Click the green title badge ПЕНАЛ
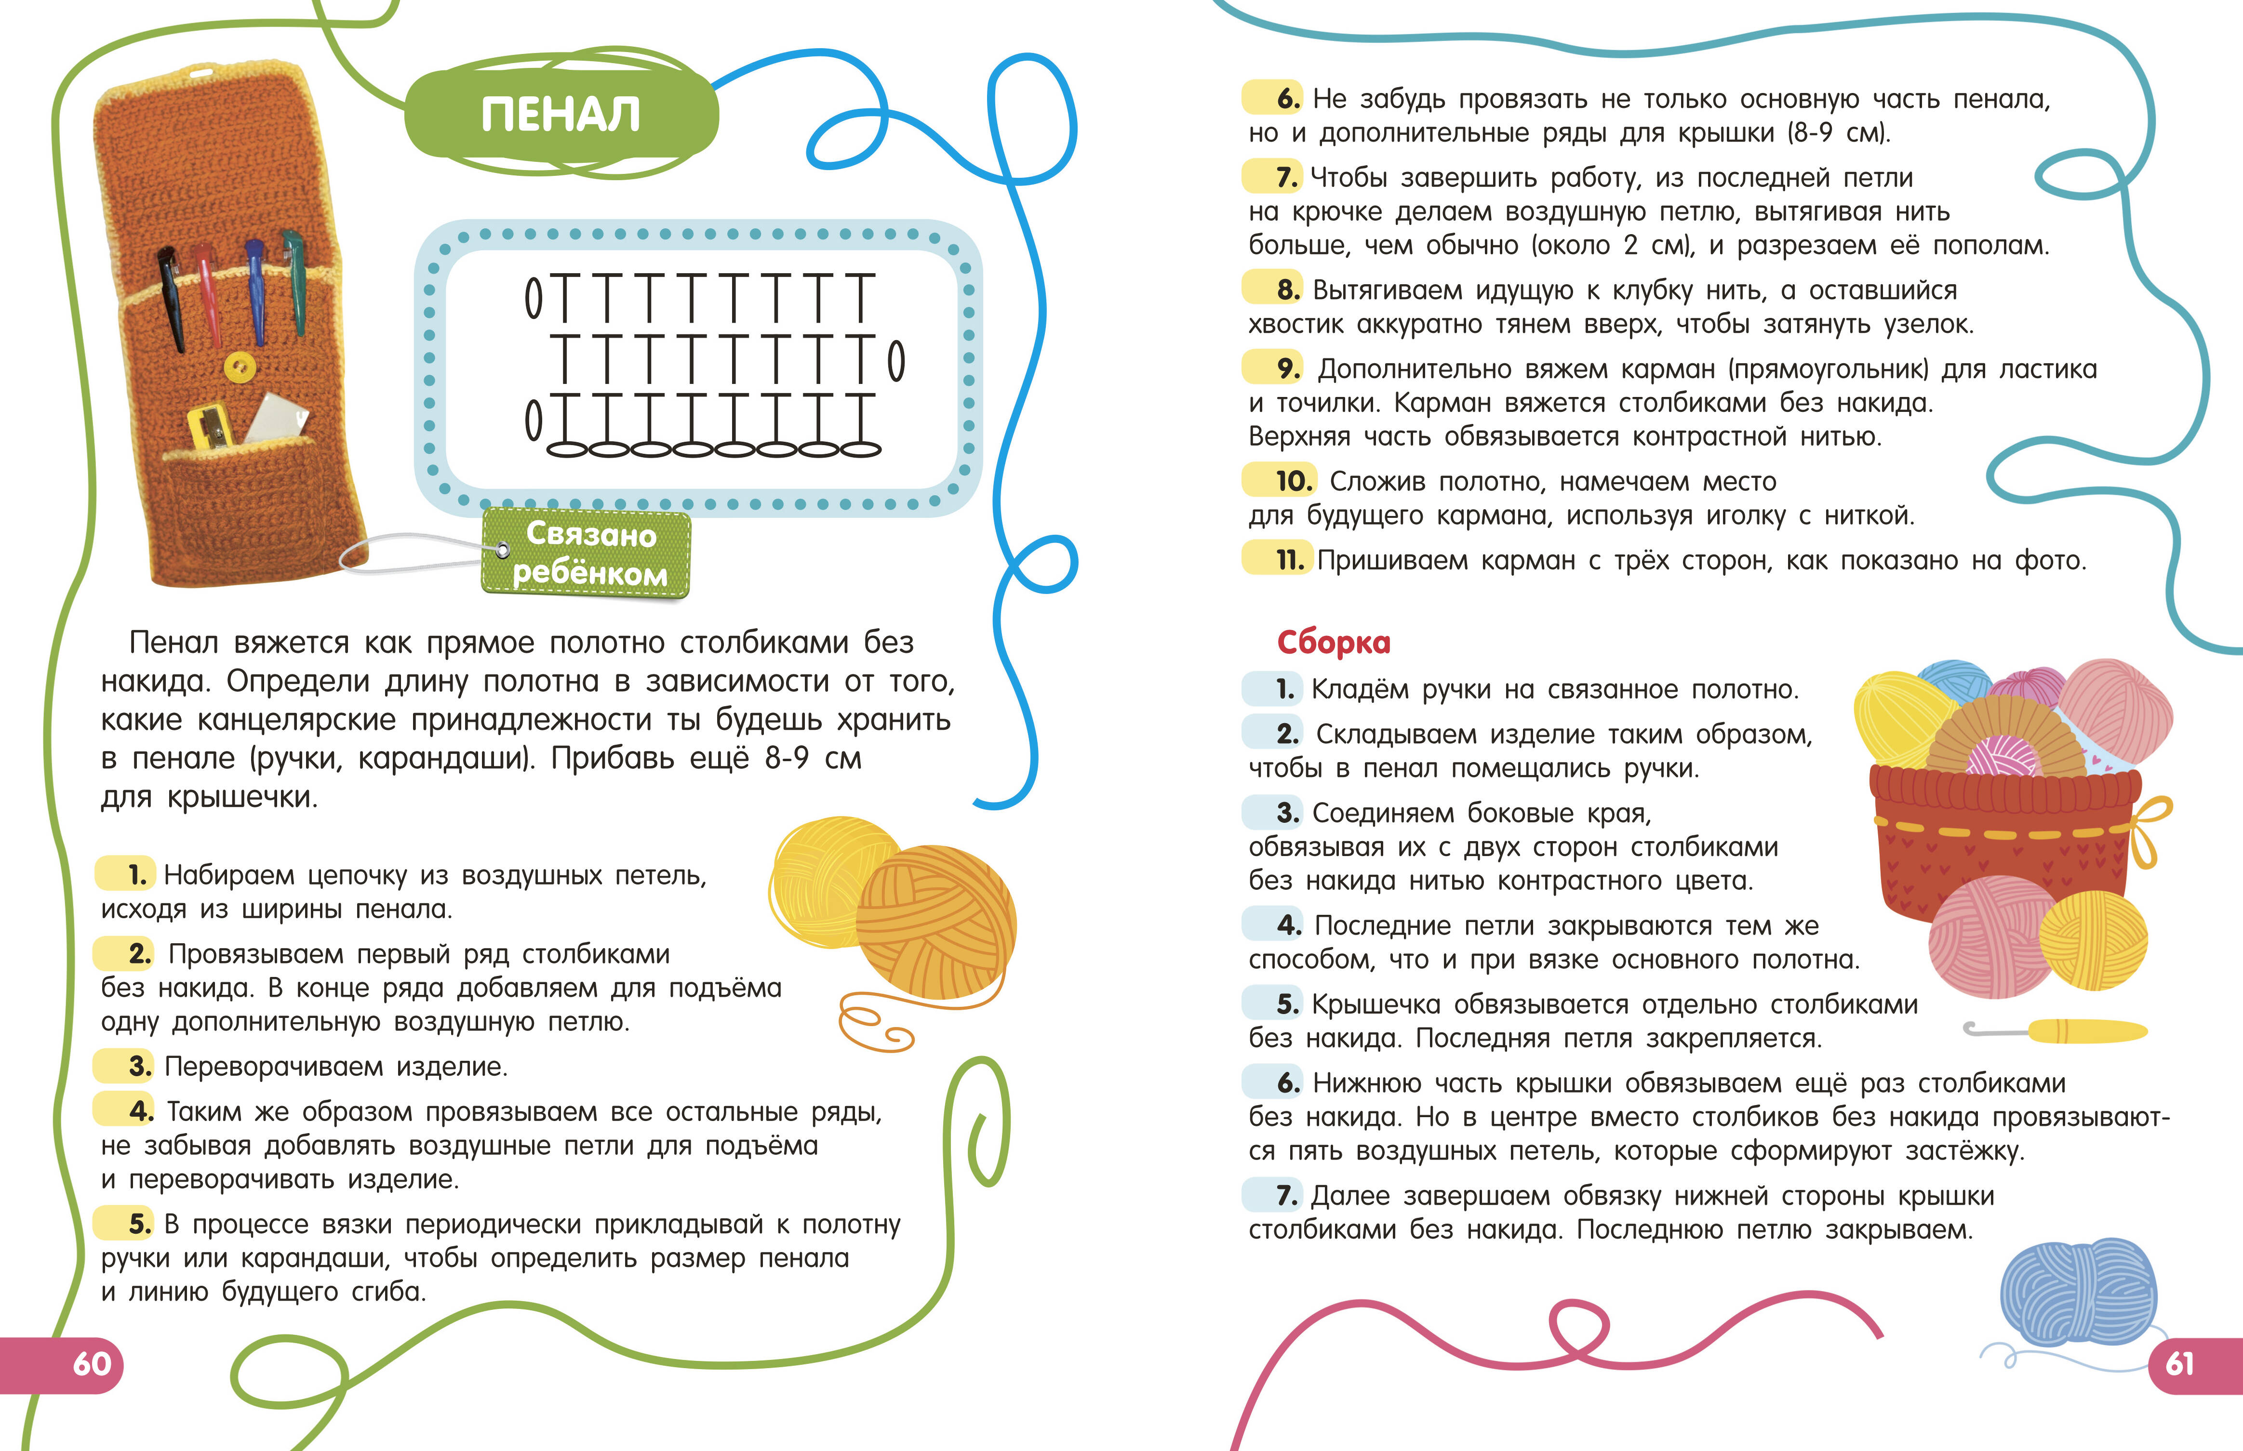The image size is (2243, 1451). (561, 115)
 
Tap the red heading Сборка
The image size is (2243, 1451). (1334, 643)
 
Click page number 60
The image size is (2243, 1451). (92, 1363)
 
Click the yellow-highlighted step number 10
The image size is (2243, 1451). (1293, 481)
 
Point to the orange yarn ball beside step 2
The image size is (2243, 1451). (936, 923)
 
